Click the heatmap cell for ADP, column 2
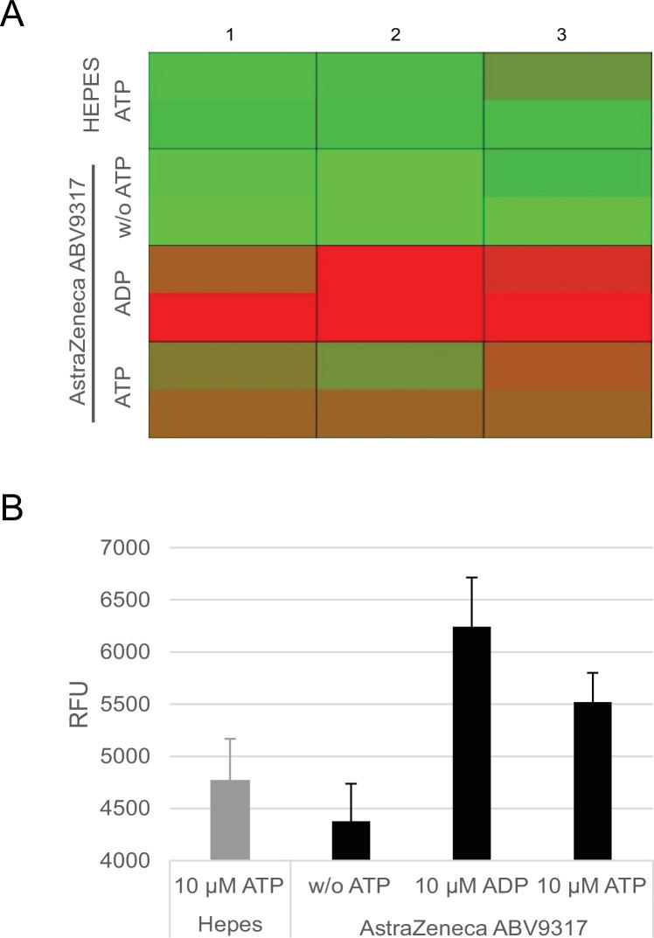coord(400,293)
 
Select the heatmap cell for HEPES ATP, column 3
coord(568,100)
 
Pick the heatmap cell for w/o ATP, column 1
coord(232,197)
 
